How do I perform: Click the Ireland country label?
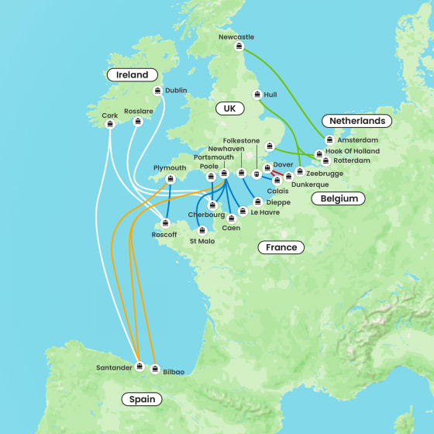click(132, 74)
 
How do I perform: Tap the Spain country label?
click(142, 399)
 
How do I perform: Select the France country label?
click(281, 247)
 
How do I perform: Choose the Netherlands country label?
click(356, 121)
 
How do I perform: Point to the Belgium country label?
click(339, 198)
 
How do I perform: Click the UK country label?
click(229, 108)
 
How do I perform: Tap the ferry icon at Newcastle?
click(239, 46)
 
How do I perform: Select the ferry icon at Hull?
click(257, 95)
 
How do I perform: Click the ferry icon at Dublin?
click(157, 91)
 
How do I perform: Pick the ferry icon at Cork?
click(110, 124)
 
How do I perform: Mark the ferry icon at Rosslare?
click(138, 121)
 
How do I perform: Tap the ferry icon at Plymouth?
click(170, 179)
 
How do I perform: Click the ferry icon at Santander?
click(139, 367)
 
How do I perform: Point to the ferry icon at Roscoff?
click(164, 223)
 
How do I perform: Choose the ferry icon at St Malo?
click(202, 229)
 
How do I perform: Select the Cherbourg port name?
click(206, 215)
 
